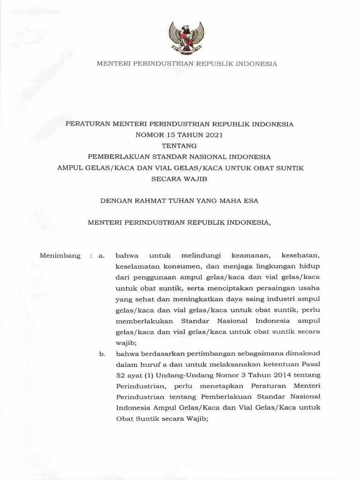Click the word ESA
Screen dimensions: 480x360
[249, 201]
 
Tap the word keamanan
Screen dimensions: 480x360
[248, 256]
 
